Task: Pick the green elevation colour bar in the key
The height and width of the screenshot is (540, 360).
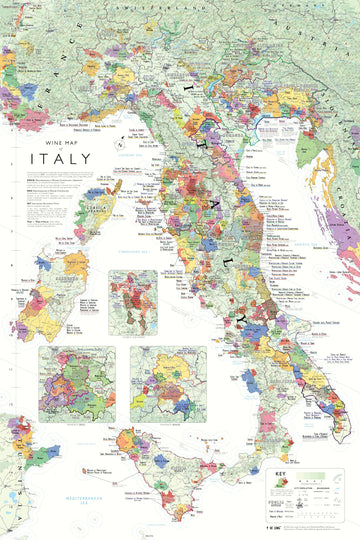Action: click(301, 481)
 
